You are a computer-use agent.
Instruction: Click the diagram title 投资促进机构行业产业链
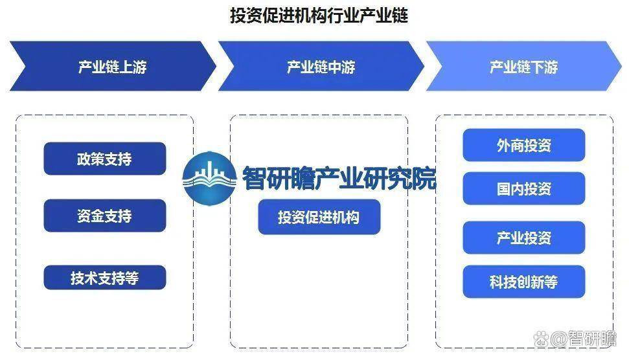[319, 16]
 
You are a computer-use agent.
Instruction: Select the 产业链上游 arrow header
[112, 66]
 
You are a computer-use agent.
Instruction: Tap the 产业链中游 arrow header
[321, 66]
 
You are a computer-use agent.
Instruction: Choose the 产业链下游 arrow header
[523, 66]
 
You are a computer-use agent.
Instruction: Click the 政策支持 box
[105, 159]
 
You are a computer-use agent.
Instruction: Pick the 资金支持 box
[105, 216]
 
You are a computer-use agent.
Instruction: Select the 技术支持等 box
[105, 277]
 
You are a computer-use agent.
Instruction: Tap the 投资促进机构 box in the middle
[319, 217]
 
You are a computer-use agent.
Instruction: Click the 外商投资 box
[524, 145]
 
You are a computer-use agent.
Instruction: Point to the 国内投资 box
[524, 188]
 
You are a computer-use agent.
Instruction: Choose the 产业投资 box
[524, 238]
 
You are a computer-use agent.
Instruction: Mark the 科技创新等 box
[524, 282]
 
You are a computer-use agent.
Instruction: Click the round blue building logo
[209, 178]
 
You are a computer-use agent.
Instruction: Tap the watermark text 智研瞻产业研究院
[339, 178]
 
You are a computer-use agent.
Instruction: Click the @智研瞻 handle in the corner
[583, 339]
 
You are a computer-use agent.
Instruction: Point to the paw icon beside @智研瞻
[541, 339]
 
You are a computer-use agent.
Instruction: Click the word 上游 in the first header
[133, 67]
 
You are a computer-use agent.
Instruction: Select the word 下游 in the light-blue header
[544, 67]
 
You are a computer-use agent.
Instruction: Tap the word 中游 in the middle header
[341, 67]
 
